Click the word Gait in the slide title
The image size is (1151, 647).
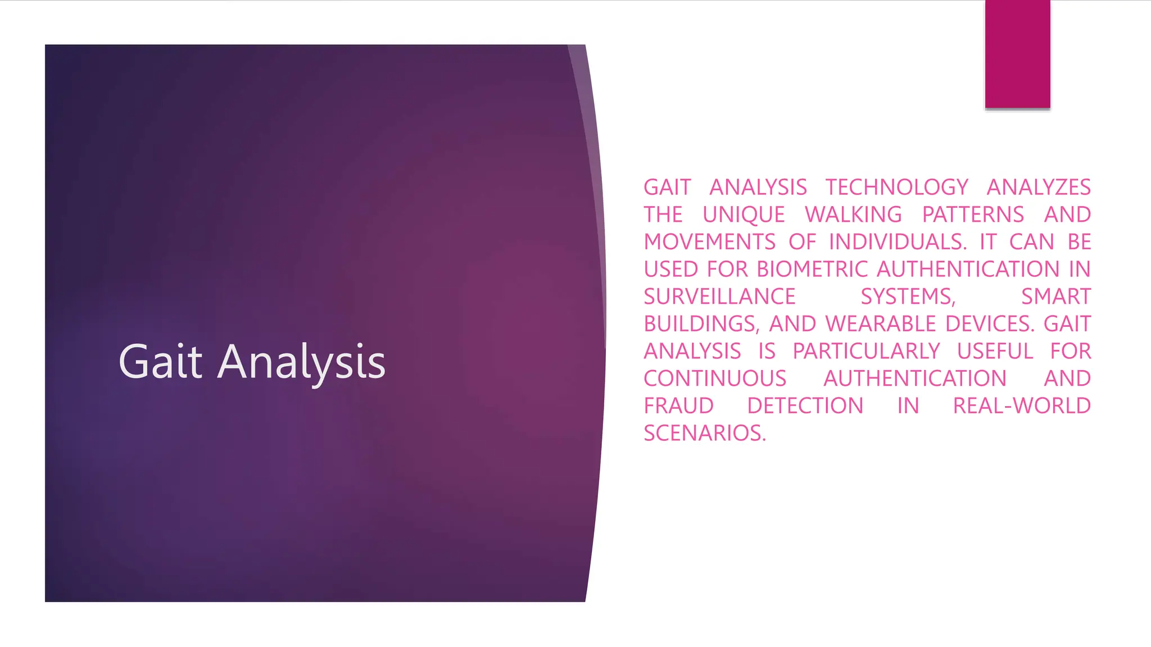(160, 362)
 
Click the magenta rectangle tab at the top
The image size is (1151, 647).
(1017, 54)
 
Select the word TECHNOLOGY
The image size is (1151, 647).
(897, 187)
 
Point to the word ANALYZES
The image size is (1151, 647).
(1039, 187)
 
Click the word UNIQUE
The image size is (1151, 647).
(744, 215)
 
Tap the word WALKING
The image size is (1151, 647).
(853, 215)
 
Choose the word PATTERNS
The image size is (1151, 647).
(973, 215)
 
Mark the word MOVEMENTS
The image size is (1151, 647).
(709, 242)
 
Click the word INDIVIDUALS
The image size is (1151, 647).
(897, 242)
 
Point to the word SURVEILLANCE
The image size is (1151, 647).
(719, 297)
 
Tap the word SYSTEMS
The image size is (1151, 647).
(908, 297)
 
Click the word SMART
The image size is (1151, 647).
(1055, 297)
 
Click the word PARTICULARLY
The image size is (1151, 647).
(866, 351)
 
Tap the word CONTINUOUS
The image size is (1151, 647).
(715, 379)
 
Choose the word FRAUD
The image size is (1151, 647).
(678, 405)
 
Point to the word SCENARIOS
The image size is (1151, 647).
(704, 433)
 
